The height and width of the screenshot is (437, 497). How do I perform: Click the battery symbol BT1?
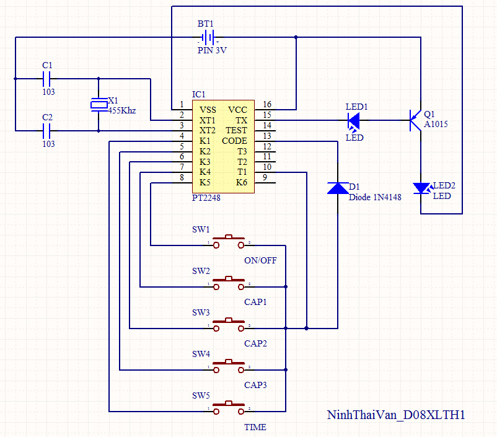[208, 37]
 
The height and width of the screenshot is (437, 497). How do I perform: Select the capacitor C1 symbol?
[46, 79]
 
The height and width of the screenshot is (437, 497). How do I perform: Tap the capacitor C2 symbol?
[46, 131]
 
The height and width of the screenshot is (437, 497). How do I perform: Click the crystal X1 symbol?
[99, 105]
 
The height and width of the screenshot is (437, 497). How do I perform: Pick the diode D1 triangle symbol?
[338, 188]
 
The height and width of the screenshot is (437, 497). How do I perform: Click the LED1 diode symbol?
[354, 121]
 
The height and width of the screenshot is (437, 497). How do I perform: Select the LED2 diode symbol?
[422, 188]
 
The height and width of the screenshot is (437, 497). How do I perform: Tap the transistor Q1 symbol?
[415, 120]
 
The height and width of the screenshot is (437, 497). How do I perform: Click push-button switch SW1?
[229, 241]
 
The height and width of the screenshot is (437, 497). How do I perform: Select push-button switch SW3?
[229, 324]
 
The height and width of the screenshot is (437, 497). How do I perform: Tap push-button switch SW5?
[229, 407]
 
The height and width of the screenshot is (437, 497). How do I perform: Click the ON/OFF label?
[260, 260]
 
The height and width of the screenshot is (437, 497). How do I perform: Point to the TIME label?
[255, 427]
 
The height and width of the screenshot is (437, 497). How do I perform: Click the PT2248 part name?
[206, 198]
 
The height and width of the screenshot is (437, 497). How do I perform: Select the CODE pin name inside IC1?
[234, 141]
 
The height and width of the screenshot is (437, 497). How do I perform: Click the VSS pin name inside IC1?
[208, 110]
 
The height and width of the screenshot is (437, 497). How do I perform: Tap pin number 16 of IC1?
[267, 104]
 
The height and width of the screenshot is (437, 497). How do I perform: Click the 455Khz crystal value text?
[122, 110]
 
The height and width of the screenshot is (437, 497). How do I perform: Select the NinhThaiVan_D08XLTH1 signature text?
[396, 415]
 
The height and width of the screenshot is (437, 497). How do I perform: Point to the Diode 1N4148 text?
[375, 197]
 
